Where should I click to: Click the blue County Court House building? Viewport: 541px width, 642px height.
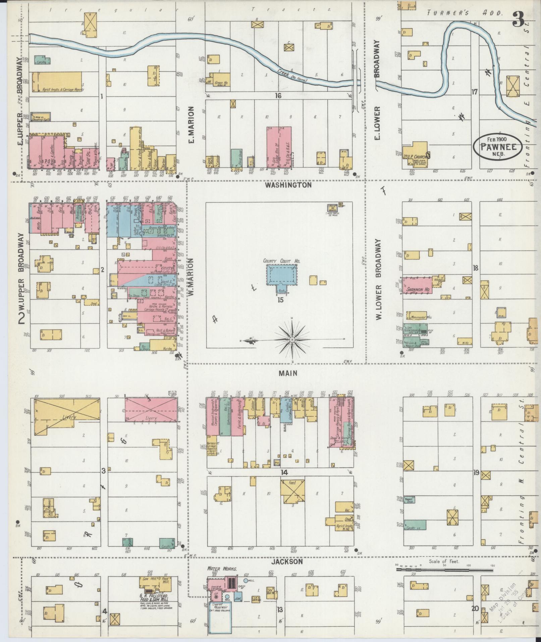(281, 275)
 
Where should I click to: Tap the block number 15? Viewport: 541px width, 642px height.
(280, 300)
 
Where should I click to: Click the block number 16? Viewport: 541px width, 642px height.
(277, 96)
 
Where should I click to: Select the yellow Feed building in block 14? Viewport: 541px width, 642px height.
(292, 493)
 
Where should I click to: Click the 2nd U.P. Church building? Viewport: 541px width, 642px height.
(415, 154)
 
